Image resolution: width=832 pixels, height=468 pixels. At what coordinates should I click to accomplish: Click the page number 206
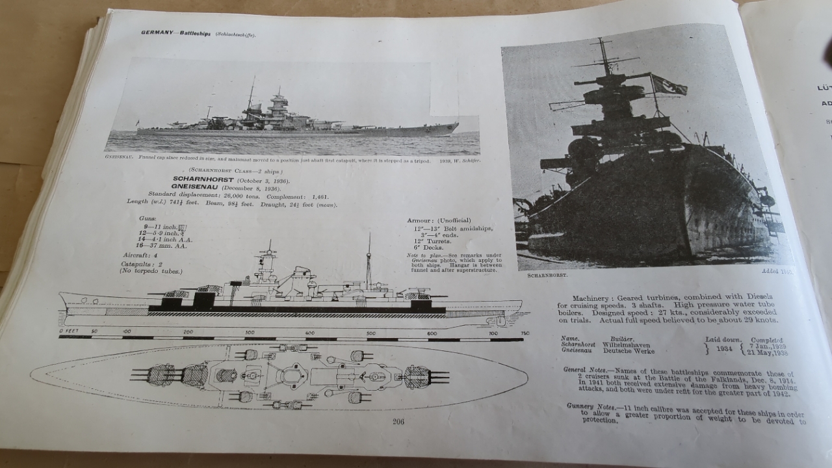point(398,421)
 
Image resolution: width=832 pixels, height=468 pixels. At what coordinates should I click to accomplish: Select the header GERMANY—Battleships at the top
point(175,32)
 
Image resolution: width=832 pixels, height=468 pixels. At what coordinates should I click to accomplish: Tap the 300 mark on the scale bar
point(249,333)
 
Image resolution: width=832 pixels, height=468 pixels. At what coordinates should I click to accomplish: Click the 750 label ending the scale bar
point(525,333)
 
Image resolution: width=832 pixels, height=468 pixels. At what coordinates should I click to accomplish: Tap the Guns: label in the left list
point(148,219)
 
